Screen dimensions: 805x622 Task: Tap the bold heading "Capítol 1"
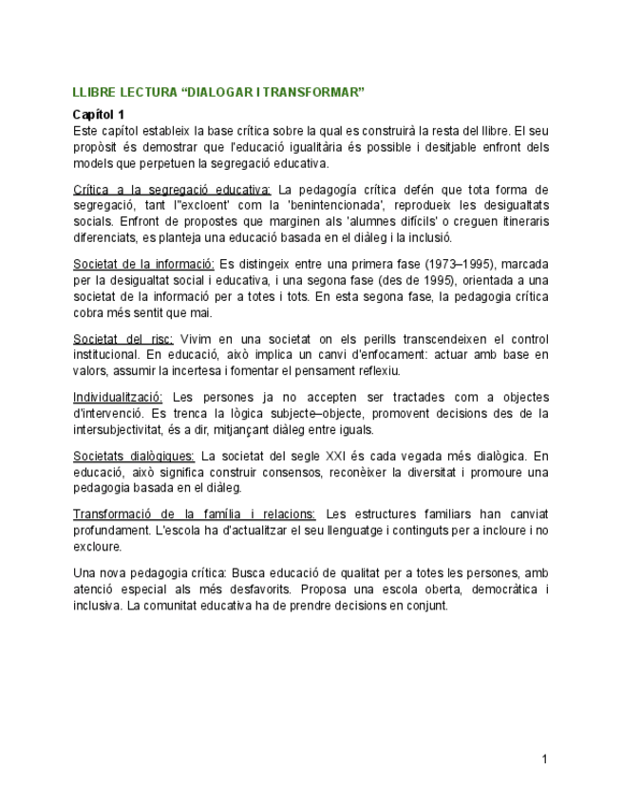tap(100, 115)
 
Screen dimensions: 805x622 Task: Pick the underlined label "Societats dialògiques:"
tap(135, 456)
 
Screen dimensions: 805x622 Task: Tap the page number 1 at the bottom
tap(544, 758)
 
